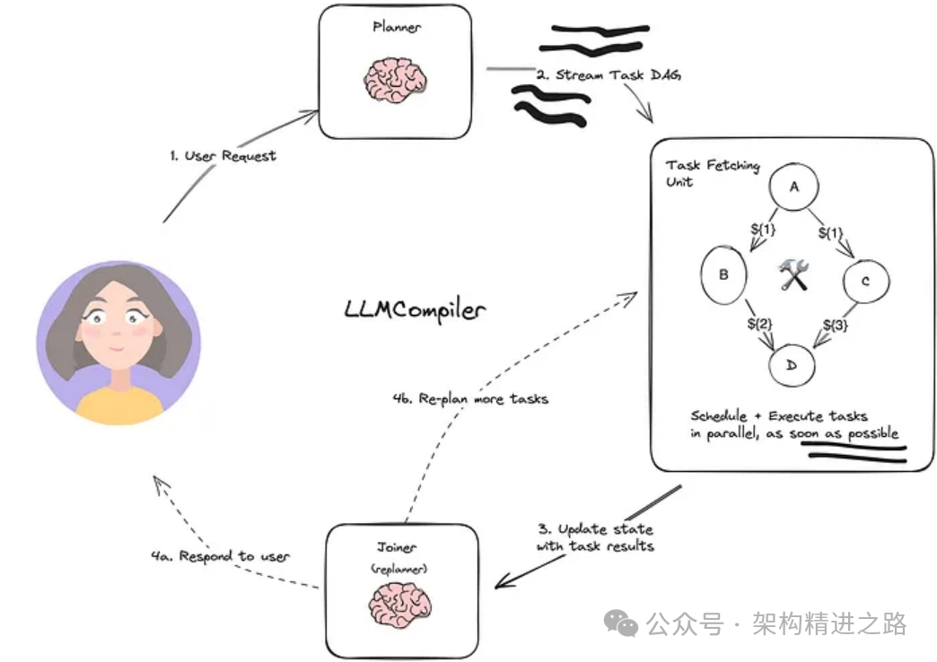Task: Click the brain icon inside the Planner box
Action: (x=396, y=80)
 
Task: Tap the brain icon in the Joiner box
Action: (x=399, y=605)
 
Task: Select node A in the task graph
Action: (x=793, y=187)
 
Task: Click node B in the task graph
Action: (x=723, y=274)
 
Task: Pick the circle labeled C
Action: (x=866, y=281)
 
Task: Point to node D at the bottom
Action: (x=792, y=365)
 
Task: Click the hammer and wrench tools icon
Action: (x=793, y=274)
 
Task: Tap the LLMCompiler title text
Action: (x=415, y=310)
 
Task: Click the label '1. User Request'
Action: (x=223, y=156)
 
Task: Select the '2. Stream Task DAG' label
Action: (x=609, y=74)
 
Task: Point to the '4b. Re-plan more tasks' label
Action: (x=470, y=398)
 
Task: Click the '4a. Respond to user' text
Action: (x=221, y=556)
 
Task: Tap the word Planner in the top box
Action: (x=396, y=27)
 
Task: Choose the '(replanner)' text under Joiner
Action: (x=398, y=568)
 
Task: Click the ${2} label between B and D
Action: (x=759, y=324)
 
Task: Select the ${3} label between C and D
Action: (x=835, y=325)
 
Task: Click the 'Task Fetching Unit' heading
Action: (x=713, y=173)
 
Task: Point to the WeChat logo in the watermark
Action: (x=620, y=623)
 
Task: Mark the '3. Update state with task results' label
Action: (x=595, y=537)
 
